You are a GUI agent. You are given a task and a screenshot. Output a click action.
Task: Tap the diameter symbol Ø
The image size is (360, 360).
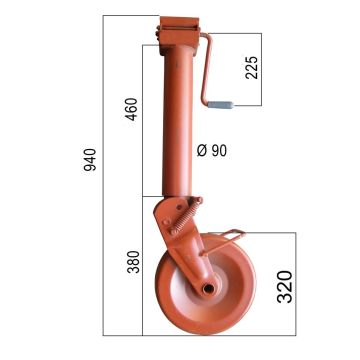coord(203,150)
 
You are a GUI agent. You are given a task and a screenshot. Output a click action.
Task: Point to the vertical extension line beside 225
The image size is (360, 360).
coord(263,70)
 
